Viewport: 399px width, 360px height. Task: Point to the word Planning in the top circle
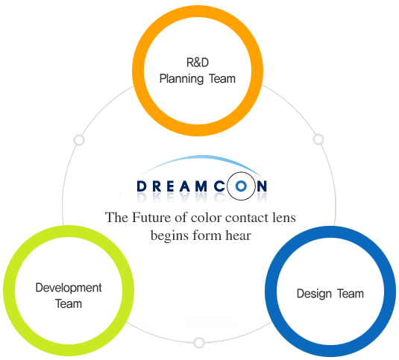[x=180, y=78]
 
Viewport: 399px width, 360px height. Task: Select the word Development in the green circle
[x=69, y=288]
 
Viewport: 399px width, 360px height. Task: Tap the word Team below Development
[x=68, y=303]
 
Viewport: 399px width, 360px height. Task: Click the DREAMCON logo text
[x=201, y=186]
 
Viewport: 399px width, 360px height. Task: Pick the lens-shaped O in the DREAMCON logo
[x=240, y=186]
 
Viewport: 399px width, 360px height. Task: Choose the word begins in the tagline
[x=169, y=235]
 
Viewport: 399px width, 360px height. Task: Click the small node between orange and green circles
[x=79, y=139]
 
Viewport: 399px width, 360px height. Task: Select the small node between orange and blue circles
[x=318, y=139]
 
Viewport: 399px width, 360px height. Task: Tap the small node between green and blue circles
[x=199, y=343]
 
